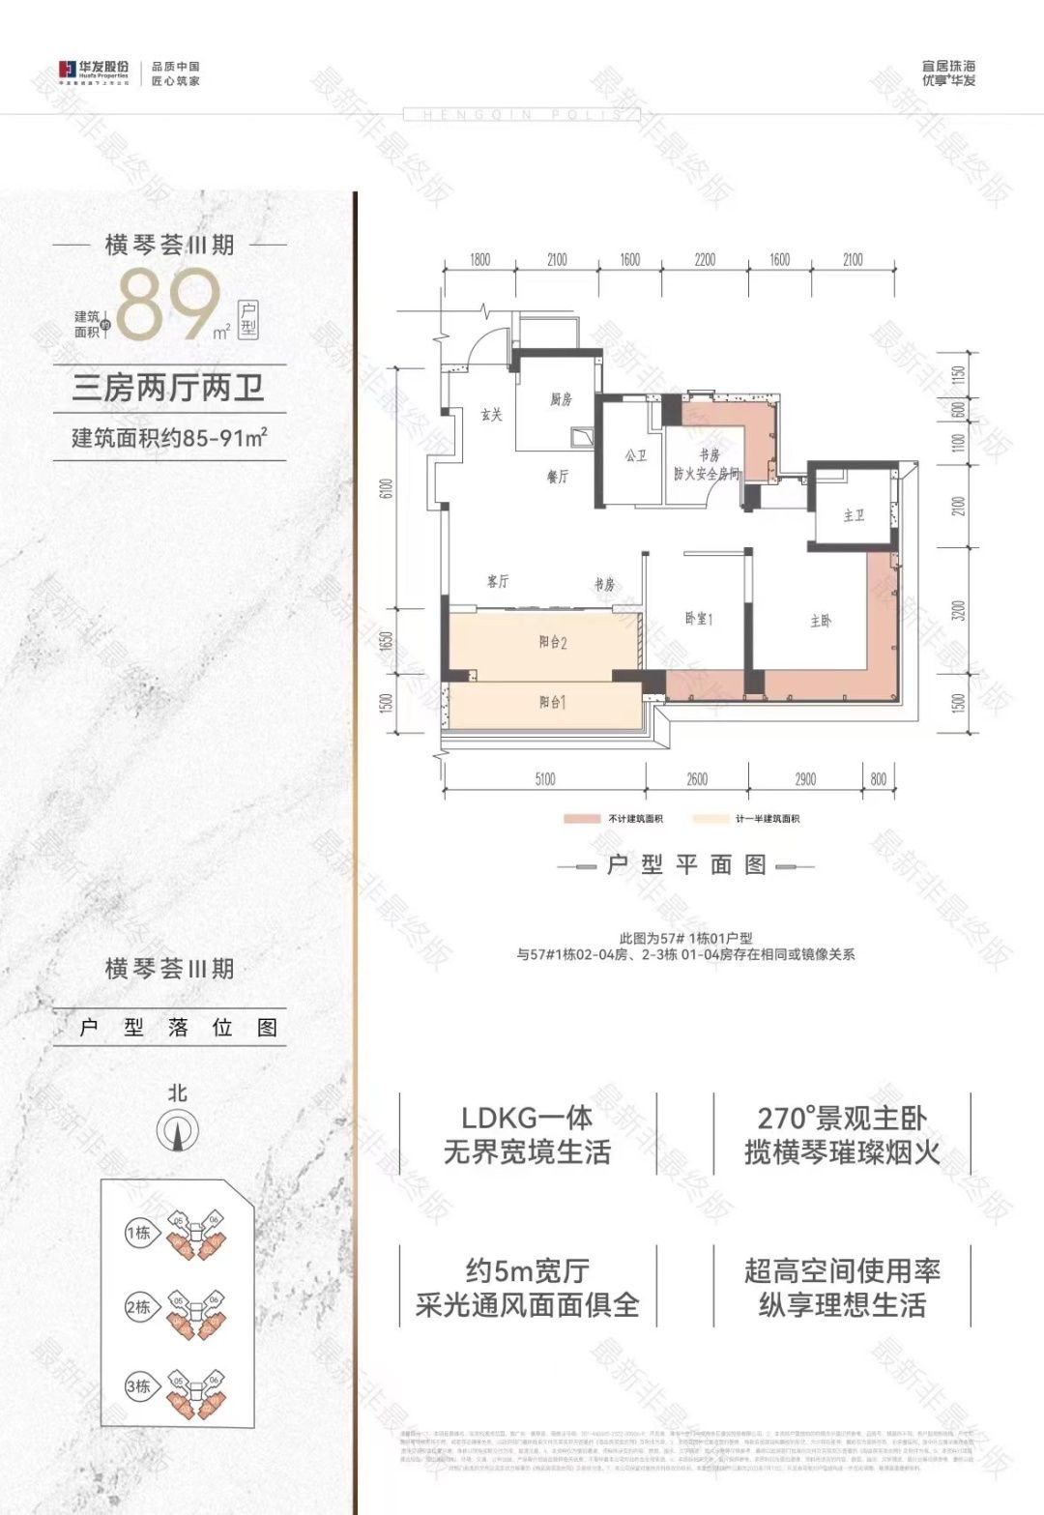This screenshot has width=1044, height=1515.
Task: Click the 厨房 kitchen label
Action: (x=562, y=398)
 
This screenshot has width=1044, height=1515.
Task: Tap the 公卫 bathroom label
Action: (x=636, y=455)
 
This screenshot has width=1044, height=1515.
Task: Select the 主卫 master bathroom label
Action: (x=854, y=516)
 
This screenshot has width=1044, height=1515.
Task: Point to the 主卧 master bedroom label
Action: (x=821, y=621)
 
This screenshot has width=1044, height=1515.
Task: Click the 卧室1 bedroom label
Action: (x=698, y=619)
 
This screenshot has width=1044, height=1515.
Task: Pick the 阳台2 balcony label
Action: (x=552, y=642)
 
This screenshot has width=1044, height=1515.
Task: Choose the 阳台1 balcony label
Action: (x=552, y=702)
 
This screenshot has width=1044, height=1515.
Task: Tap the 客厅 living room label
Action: (x=498, y=581)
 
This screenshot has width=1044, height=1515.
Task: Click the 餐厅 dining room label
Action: (x=558, y=477)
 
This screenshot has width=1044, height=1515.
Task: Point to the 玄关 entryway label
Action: (x=492, y=415)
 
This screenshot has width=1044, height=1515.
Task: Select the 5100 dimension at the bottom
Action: (x=544, y=779)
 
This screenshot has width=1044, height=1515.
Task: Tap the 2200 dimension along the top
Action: (x=705, y=259)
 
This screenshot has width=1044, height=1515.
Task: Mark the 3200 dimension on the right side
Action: (x=958, y=611)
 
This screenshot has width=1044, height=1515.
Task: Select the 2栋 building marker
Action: (x=138, y=1308)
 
